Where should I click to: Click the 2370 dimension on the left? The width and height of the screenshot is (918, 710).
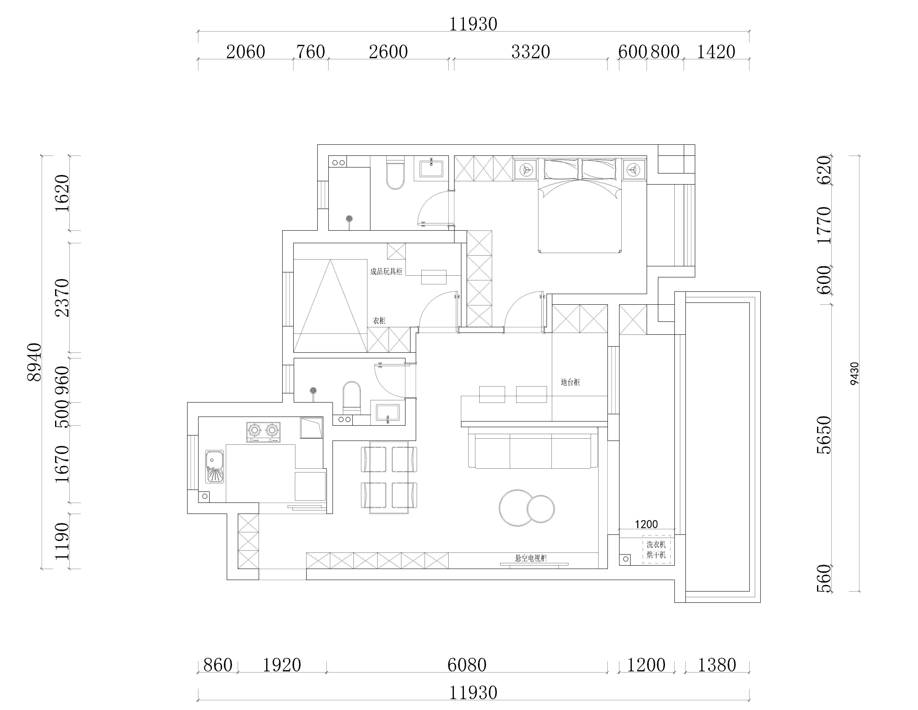coord(62,298)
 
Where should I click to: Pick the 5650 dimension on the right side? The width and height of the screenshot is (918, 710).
coord(825,435)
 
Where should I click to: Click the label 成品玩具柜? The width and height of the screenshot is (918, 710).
coord(386,272)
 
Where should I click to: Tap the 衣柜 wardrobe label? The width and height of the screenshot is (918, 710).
coord(379,321)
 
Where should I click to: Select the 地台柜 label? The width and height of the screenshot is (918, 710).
coord(570,382)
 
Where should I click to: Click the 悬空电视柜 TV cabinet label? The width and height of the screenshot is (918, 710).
coord(531,558)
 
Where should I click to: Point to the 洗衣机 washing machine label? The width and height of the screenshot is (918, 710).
coord(656,544)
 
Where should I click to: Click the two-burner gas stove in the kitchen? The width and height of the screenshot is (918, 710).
coord(263,432)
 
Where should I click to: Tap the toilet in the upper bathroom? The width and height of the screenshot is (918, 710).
coord(395,172)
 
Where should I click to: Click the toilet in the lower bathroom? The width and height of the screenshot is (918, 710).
coord(352,397)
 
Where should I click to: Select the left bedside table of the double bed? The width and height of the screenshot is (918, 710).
coord(525,169)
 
